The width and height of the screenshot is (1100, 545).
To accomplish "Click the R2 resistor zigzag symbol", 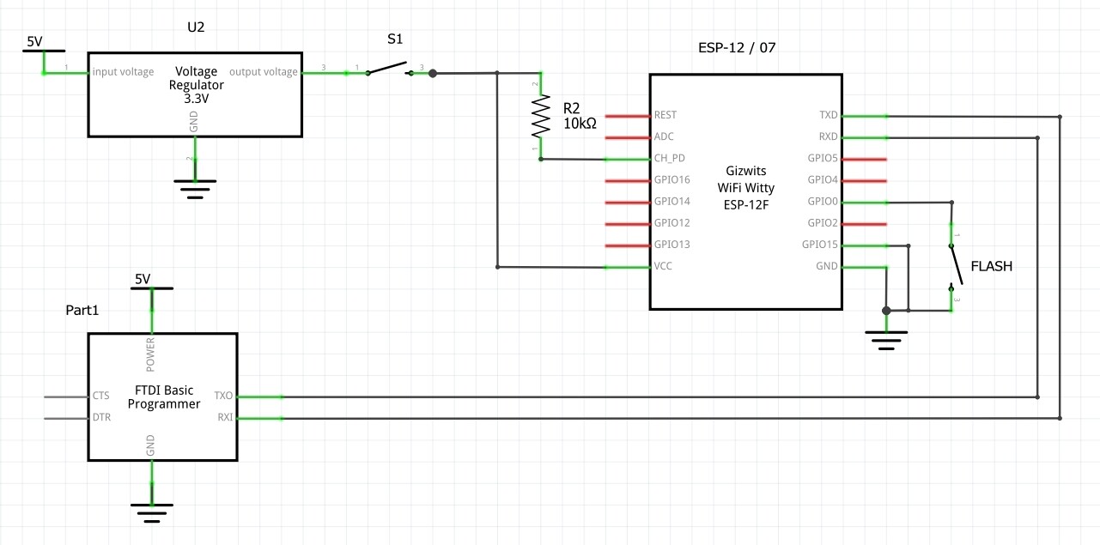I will (540, 116).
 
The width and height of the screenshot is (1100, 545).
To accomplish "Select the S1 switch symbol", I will (389, 69).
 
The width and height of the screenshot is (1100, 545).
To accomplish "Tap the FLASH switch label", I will (991, 266).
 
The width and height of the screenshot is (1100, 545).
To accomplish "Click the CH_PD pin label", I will (670, 159).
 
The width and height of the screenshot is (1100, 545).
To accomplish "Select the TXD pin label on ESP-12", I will (828, 115).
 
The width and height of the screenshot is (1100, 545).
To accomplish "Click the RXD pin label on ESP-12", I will (828, 136).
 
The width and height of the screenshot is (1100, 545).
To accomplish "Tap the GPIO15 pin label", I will (819, 245).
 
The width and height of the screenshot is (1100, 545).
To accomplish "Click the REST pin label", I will (665, 115).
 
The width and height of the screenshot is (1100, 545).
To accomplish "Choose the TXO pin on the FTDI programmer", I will (223, 397).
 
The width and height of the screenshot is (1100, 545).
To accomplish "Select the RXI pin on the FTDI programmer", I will (224, 418).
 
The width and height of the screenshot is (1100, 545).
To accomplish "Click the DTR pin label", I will (101, 418).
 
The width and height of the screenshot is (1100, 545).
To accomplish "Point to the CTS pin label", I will (101, 397).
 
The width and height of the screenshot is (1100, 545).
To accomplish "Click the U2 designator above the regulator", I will (196, 27).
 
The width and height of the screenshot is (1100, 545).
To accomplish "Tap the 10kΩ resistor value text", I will (580, 124).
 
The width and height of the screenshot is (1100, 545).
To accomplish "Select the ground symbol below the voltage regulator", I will (195, 188).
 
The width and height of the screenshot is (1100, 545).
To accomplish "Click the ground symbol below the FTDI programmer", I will (152, 512).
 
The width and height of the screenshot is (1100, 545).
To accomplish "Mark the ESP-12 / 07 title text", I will (737, 47).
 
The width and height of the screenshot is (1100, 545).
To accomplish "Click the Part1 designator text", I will (82, 310).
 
